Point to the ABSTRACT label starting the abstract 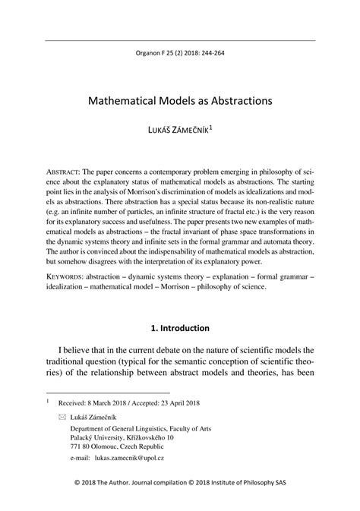(64, 172)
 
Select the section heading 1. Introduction (179, 329)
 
